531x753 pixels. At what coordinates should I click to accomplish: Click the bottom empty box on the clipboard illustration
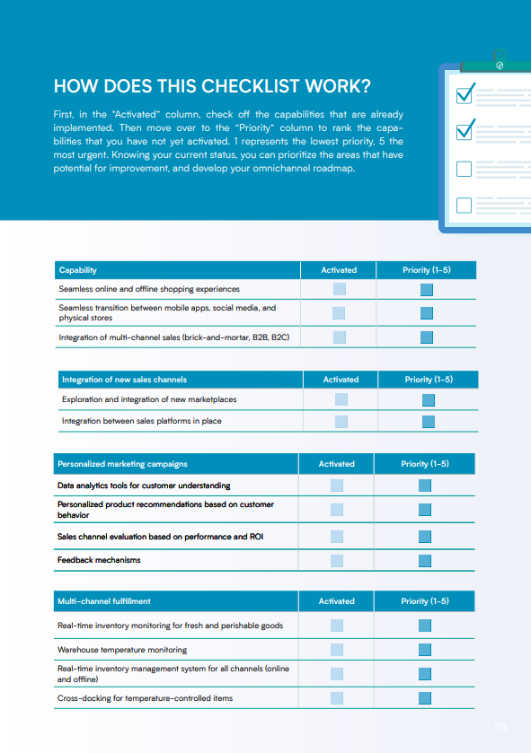465,205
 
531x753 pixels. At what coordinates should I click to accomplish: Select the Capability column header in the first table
78,270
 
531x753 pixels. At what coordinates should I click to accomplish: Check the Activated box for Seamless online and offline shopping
339,290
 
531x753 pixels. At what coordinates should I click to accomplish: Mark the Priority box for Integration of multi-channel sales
427,337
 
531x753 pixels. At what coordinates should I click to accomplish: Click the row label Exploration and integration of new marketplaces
149,399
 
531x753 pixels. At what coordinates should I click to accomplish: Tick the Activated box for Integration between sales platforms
341,421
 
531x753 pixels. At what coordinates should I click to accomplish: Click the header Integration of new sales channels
124,380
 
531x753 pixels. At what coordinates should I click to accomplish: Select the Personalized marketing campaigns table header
122,464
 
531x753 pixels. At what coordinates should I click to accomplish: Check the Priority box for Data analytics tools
425,486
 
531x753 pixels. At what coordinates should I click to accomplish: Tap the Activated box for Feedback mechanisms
337,561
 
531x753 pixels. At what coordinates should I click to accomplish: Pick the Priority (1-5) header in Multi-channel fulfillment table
425,601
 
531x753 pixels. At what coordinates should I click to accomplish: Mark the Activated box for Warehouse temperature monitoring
337,649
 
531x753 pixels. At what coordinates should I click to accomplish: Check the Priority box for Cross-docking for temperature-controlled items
425,697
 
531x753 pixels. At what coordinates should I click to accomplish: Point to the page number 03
501,727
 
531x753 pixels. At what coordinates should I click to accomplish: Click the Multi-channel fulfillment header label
104,601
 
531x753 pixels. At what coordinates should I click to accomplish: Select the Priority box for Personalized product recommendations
425,510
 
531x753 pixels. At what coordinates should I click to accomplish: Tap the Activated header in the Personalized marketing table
337,464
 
